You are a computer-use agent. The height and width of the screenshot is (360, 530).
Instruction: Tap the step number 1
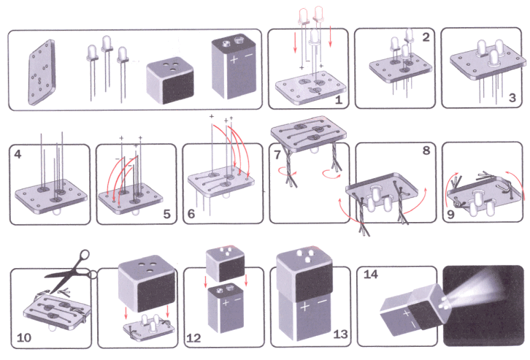tap(338, 99)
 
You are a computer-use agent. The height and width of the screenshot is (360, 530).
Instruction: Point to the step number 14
tap(370, 275)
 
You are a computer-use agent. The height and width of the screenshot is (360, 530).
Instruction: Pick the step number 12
tap(193, 338)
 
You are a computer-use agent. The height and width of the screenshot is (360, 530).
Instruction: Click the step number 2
tap(426, 37)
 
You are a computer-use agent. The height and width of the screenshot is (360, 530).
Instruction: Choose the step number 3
tap(512, 97)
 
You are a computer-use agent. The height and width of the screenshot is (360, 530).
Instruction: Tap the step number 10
tap(23, 338)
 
